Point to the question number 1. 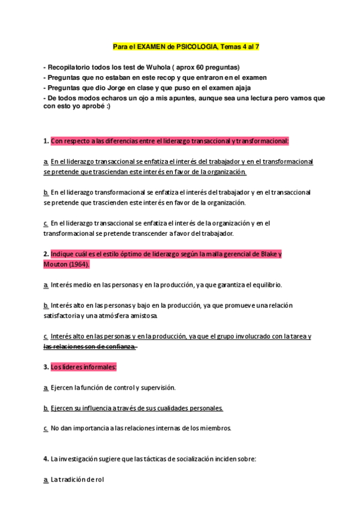tap(46, 142)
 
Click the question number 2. tap(46, 254)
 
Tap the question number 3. tap(46, 367)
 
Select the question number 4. tap(46, 459)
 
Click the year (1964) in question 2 tap(78, 264)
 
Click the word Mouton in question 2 tap(55, 264)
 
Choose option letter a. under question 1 tap(46, 162)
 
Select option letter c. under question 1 tap(46, 223)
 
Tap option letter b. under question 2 tap(46, 306)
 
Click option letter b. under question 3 tap(46, 408)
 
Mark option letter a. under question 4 tap(46, 480)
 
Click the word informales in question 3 tap(98, 367)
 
